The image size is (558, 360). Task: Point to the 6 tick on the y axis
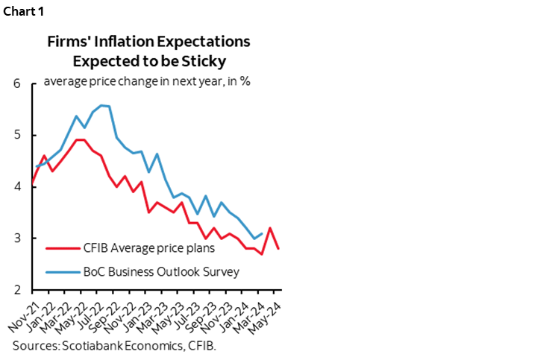pyautogui.click(x=16, y=83)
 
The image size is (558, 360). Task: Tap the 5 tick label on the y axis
pyautogui.click(x=16, y=135)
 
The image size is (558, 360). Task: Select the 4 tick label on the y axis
pyautogui.click(x=16, y=187)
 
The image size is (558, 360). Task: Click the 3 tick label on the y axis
pyautogui.click(x=16, y=239)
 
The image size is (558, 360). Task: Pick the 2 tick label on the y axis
pyautogui.click(x=16, y=290)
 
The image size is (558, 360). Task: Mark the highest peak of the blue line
pyautogui.click(x=101, y=105)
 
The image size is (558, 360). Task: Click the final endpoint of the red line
pyautogui.click(x=279, y=249)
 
